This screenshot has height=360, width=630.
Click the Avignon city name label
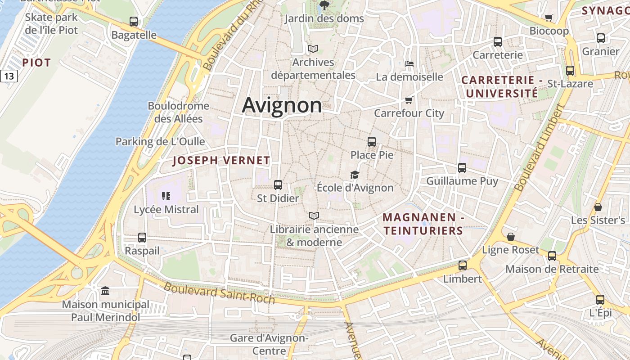coord(282,105)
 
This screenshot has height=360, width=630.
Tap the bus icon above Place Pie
coord(371,142)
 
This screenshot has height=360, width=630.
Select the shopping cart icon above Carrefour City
coord(409,100)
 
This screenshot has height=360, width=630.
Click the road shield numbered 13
coord(9,76)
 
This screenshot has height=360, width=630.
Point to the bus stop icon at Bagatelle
coord(134,21)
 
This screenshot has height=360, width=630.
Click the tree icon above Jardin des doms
coord(324,5)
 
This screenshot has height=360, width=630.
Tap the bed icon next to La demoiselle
coord(409,63)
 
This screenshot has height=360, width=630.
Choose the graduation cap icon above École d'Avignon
coord(355,175)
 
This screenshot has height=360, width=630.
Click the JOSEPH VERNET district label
coord(221,161)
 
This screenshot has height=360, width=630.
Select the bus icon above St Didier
coord(278,184)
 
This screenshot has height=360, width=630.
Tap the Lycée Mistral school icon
coord(166,196)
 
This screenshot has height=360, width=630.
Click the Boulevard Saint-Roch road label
coord(219,293)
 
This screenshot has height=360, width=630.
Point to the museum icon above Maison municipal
coord(105,291)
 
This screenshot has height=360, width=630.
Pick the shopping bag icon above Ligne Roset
coord(511,237)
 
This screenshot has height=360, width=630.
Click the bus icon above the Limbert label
coord(462,265)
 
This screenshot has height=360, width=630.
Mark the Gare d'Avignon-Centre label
coord(269,344)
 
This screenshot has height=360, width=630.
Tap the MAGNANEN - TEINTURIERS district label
coord(423,224)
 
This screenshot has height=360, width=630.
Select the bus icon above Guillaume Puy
coord(462,168)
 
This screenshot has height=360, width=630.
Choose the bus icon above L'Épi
coord(600,299)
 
